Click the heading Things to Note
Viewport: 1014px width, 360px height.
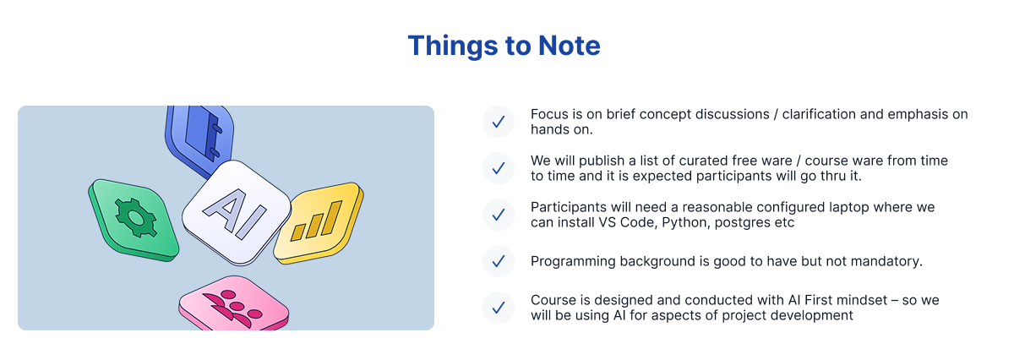(504, 46)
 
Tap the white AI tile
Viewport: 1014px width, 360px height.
(236, 212)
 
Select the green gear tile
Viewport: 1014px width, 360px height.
(134, 220)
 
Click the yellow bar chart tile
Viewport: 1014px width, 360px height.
(319, 222)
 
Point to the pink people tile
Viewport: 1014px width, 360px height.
(233, 303)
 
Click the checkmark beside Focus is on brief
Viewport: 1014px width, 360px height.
(499, 122)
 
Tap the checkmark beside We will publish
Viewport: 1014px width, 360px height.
(499, 168)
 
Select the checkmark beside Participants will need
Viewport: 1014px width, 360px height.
(499, 215)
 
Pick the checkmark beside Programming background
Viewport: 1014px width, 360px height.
(499, 261)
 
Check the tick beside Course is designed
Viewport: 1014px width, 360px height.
(499, 308)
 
